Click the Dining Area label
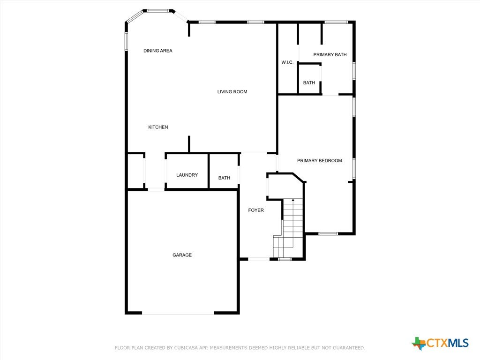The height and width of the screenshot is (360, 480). (158, 51)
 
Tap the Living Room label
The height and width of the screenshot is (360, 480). (232, 91)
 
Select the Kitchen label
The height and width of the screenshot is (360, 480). (158, 127)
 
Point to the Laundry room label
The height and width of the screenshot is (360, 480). (187, 175)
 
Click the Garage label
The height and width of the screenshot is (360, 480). (182, 255)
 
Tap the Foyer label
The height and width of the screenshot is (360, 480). (256, 210)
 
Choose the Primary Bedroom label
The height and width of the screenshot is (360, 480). (320, 160)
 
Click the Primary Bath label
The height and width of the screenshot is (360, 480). (330, 54)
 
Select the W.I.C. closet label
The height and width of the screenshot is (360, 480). (287, 62)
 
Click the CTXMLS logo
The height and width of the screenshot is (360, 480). (440, 343)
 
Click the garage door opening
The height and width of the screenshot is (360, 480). (178, 314)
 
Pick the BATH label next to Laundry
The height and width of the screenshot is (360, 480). (224, 178)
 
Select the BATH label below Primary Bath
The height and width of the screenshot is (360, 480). (309, 82)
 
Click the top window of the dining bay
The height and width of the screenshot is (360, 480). (158, 11)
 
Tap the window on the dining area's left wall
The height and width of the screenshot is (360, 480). (126, 41)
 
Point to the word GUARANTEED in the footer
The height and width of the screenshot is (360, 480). (349, 348)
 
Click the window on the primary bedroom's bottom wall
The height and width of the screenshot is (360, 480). (328, 234)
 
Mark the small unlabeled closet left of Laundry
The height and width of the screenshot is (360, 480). (135, 171)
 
